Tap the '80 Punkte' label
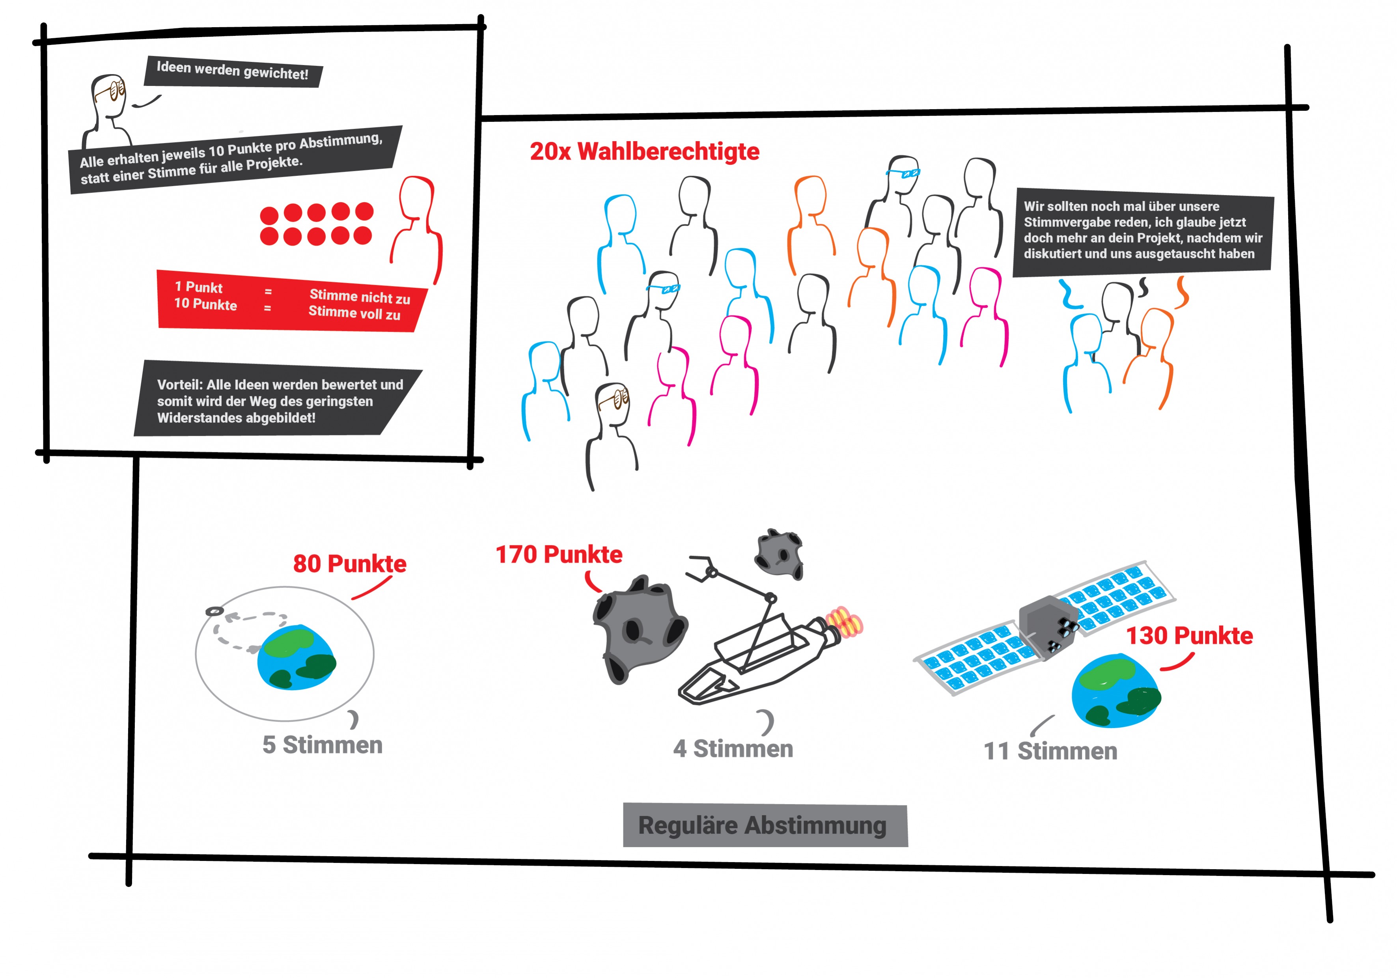point(349,564)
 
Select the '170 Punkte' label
point(559,554)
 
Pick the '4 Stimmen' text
point(733,748)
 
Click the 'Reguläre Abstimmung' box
point(765,826)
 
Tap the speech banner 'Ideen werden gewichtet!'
point(232,71)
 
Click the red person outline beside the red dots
point(417,225)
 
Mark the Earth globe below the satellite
point(1115,691)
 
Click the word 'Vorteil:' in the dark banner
point(179,384)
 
